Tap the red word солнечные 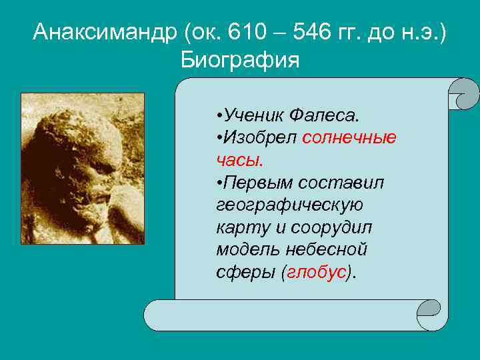tap(349, 138)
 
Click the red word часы tap(239, 161)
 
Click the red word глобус tap(317, 273)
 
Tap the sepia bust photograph tap(83, 168)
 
